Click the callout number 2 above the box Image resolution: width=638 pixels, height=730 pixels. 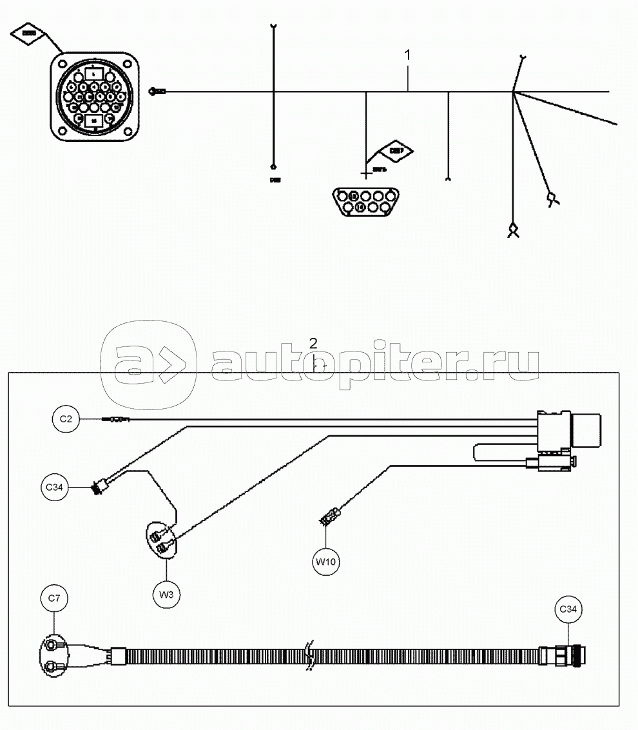pyautogui.click(x=313, y=342)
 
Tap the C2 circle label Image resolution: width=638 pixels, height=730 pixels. pyautogui.click(x=66, y=420)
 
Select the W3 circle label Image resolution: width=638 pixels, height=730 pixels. pyautogui.click(x=166, y=594)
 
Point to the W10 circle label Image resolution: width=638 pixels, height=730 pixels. pyautogui.click(x=326, y=562)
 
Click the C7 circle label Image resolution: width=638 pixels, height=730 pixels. pyautogui.click(x=54, y=598)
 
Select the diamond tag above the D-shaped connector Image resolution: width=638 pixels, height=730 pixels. pyautogui.click(x=396, y=151)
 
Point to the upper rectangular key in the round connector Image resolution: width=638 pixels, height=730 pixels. pyautogui.click(x=94, y=74)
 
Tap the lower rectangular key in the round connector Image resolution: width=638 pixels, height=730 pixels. pyautogui.click(x=94, y=121)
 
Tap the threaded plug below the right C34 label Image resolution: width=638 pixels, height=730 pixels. pyautogui.click(x=571, y=656)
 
